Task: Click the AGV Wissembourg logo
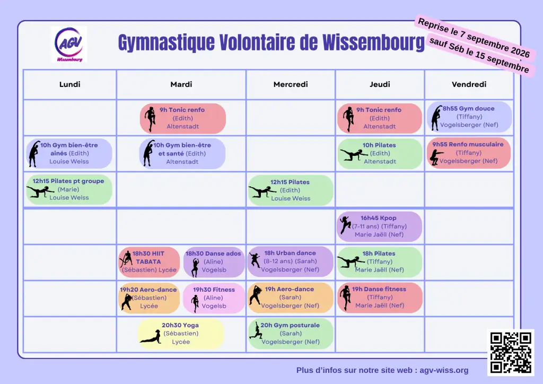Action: pos(69,45)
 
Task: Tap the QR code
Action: pos(511,353)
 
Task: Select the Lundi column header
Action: pos(69,84)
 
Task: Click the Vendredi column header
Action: pos(469,84)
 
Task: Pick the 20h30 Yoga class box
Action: pos(181,334)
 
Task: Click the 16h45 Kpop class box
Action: pos(379,226)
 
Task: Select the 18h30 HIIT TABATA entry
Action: pos(149,262)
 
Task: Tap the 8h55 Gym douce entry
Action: pos(469,117)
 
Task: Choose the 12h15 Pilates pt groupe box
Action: pos(69,189)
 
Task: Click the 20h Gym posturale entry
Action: pos(291,334)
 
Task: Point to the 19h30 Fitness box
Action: pos(214,298)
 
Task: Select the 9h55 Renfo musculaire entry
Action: pos(469,153)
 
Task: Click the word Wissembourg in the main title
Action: pos(373,42)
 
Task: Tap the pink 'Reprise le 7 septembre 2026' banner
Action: pos(475,38)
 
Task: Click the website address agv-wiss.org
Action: pos(444,370)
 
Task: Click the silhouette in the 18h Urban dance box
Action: pos(255,260)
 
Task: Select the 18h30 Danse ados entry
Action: pos(214,262)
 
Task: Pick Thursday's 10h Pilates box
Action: pos(380,153)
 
